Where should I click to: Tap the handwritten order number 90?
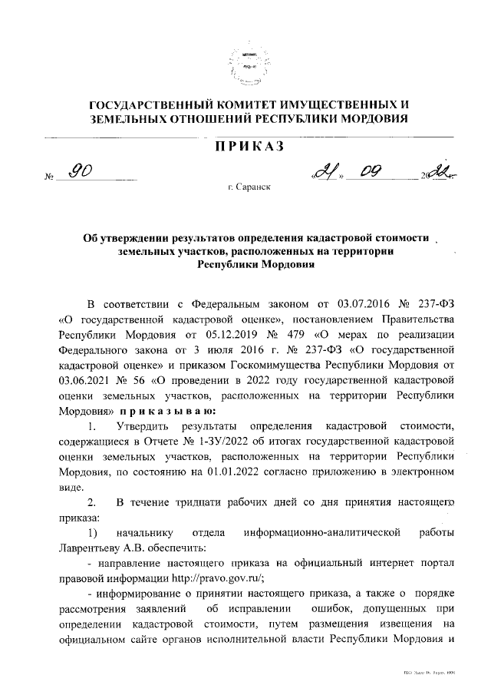(80, 172)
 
